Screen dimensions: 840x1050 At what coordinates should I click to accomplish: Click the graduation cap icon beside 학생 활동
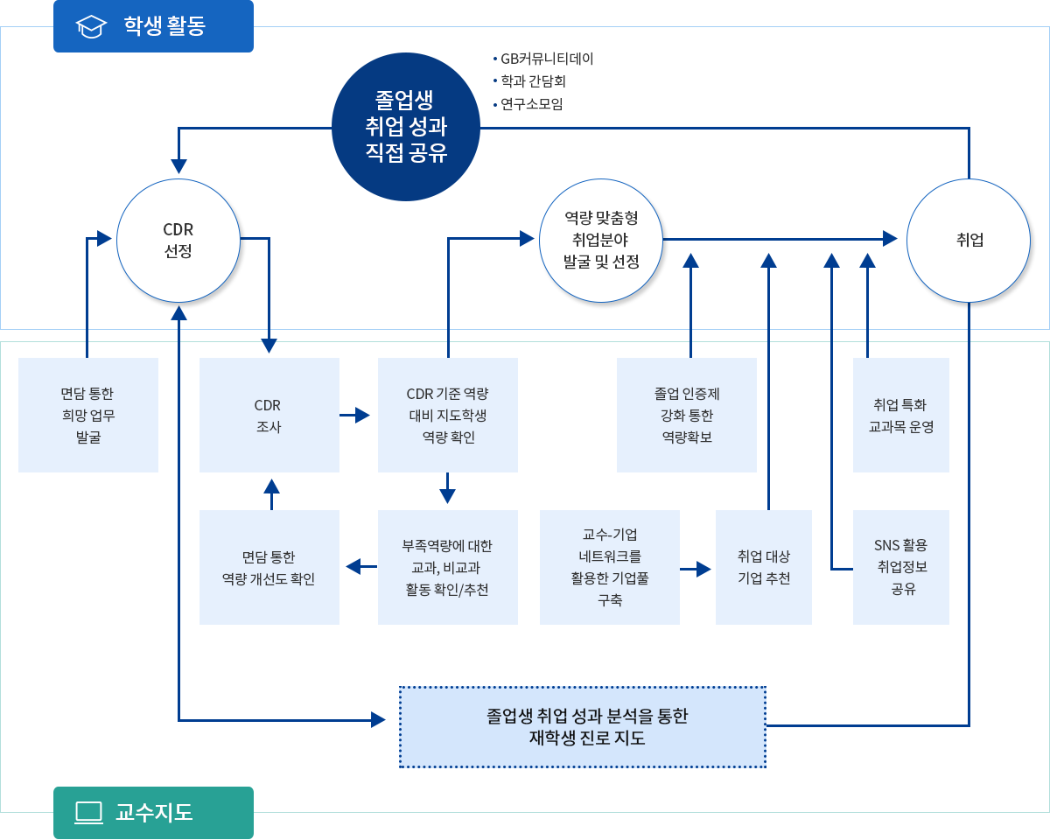tap(91, 26)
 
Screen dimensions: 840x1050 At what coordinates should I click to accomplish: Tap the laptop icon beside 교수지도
tap(89, 812)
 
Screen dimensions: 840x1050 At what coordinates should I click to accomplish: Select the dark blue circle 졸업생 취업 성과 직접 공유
tap(406, 127)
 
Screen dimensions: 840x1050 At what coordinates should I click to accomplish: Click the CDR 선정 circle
tap(178, 241)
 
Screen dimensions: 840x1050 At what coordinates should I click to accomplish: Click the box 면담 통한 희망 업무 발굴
tap(88, 415)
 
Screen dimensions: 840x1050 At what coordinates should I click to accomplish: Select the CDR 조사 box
tap(269, 415)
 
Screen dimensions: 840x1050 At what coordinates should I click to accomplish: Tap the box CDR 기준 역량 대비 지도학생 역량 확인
tap(448, 415)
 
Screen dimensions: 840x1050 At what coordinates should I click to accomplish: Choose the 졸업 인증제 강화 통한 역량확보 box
tap(687, 415)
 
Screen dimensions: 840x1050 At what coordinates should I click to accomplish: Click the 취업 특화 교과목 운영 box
tap(900, 415)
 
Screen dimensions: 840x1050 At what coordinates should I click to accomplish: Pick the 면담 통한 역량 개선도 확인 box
tap(269, 567)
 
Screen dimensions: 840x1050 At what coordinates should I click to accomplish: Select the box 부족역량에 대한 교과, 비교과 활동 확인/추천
tap(448, 567)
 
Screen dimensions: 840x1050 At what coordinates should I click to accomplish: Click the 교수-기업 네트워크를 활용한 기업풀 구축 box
tap(610, 567)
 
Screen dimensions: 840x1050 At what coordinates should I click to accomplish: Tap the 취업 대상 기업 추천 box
tap(764, 567)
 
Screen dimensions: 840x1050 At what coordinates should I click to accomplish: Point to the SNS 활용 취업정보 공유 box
tap(900, 567)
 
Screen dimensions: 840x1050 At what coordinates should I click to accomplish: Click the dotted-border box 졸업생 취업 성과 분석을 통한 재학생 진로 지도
tap(583, 726)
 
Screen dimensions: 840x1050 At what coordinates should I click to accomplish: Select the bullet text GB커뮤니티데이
tap(547, 59)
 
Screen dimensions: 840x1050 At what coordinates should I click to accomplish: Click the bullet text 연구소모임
tap(532, 104)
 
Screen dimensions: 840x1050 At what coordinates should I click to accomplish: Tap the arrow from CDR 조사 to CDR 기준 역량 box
tap(358, 415)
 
